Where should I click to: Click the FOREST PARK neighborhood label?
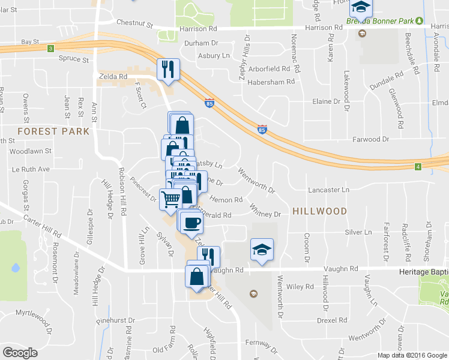(53, 131)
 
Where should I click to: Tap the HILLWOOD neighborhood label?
(319, 211)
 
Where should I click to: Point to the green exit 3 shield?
(50, 48)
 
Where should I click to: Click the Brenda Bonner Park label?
(379, 22)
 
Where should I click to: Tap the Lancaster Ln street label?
(328, 190)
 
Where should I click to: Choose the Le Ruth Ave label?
(29, 169)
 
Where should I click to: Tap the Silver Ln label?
(358, 232)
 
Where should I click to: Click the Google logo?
(20, 352)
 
